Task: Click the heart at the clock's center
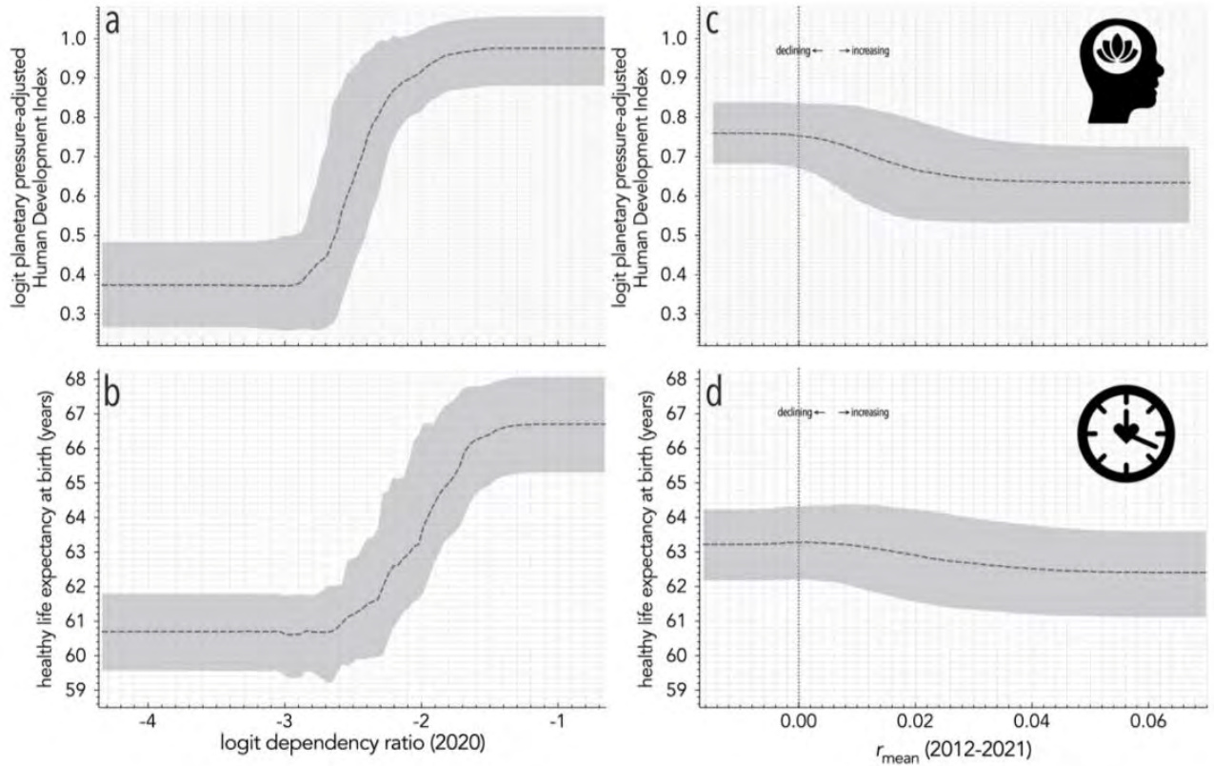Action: (1124, 432)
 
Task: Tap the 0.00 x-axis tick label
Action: (798, 723)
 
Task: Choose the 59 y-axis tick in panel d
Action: (678, 690)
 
